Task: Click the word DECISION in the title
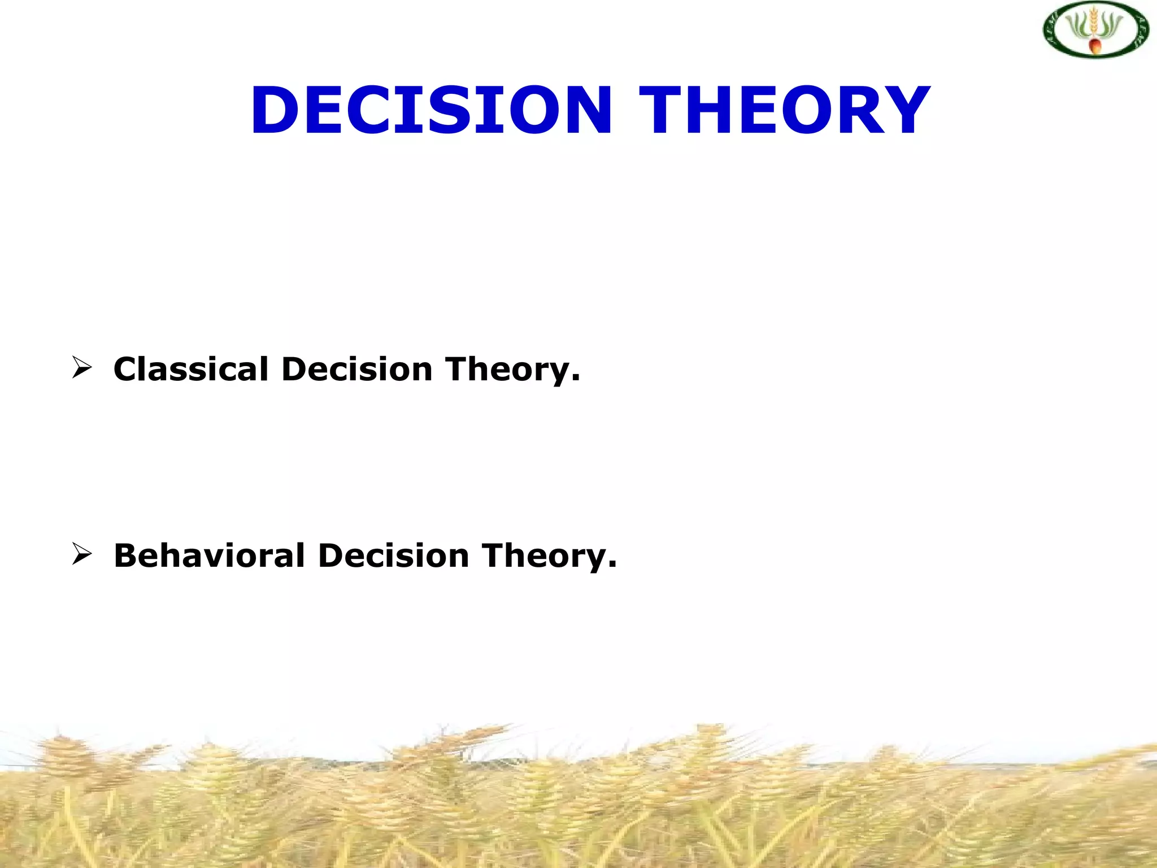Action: click(432, 110)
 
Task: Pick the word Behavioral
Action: click(209, 555)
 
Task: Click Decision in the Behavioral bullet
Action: click(394, 555)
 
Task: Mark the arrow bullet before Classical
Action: click(82, 368)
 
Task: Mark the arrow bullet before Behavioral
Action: click(82, 554)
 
